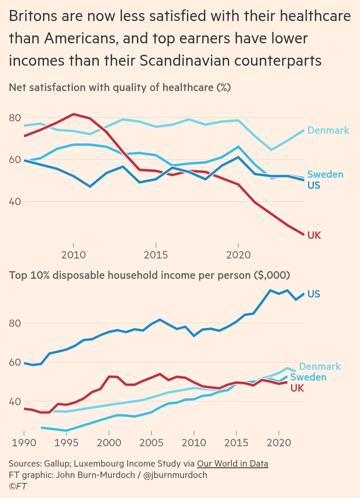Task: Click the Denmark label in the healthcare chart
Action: pos(328,130)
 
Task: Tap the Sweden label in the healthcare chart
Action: pos(325,174)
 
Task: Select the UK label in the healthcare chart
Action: pos(314,235)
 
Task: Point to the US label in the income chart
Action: pos(314,294)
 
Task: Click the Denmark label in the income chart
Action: pos(320,367)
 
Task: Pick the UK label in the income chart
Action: pos(297,388)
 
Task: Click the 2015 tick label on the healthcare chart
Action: pos(156,255)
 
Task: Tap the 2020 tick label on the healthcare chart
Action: pos(238,255)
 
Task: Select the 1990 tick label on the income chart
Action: pos(24,443)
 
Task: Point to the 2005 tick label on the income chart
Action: pos(151,443)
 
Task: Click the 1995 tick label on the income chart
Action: pos(66,443)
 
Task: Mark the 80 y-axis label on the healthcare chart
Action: pos(15,118)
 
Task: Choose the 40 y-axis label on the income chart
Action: pos(15,402)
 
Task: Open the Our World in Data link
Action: pos(232,464)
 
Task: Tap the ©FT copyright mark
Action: pos(18,486)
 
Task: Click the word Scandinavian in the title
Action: pos(185,61)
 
